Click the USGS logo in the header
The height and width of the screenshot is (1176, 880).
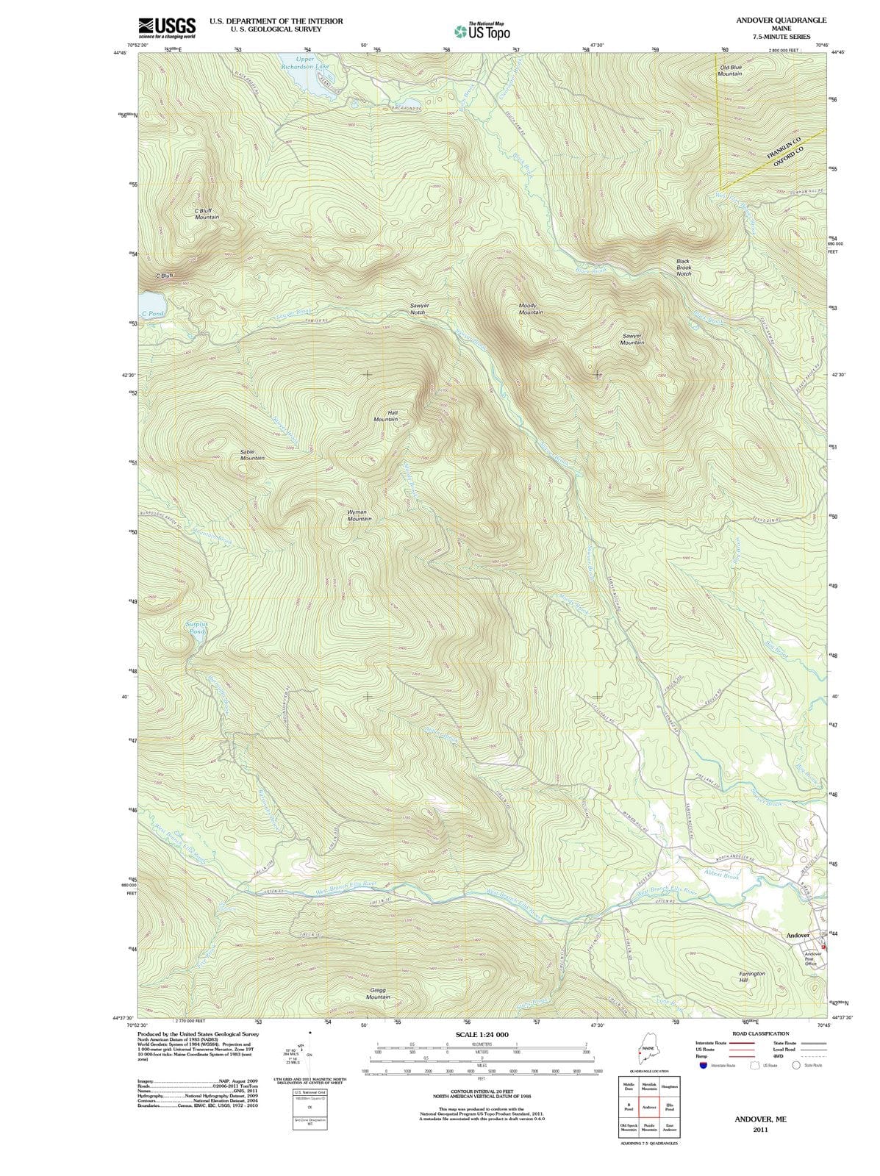pyautogui.click(x=167, y=28)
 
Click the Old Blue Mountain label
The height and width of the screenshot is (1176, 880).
pyautogui.click(x=729, y=71)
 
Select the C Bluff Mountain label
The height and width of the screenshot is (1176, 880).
pyautogui.click(x=207, y=214)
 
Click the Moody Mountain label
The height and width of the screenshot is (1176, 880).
pyautogui.click(x=530, y=309)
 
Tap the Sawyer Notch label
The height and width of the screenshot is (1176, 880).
pyautogui.click(x=418, y=309)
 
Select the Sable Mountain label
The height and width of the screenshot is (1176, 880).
pyautogui.click(x=252, y=454)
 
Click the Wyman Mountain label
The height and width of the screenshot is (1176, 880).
pyautogui.click(x=359, y=515)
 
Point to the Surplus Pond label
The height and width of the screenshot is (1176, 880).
pyautogui.click(x=197, y=628)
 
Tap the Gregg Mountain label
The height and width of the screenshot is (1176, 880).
pyautogui.click(x=378, y=994)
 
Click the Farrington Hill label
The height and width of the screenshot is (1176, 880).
pyautogui.click(x=751, y=977)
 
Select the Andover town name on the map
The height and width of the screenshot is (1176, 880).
pyautogui.click(x=798, y=935)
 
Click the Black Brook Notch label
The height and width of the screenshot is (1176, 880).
pyautogui.click(x=684, y=268)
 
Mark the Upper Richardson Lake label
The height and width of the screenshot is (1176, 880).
pyautogui.click(x=304, y=62)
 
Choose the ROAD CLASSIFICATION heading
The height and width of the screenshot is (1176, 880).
pyautogui.click(x=758, y=1033)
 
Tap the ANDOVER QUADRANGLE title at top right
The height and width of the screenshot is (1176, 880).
pyautogui.click(x=781, y=20)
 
